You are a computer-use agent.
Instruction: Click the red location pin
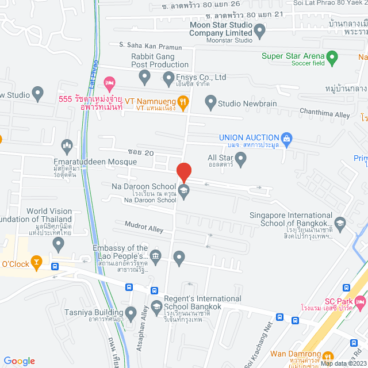coord(183,172)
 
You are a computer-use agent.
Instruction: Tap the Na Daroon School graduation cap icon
coord(183,192)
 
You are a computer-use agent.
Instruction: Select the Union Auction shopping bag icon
coord(287,138)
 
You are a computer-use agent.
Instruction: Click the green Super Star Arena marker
coord(331,56)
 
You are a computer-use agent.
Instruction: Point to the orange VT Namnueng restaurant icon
coord(183,103)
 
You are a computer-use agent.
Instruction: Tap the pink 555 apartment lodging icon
coord(110,83)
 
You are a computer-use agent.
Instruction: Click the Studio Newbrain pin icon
coord(210,103)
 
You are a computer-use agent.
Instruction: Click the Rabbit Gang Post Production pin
coord(144,76)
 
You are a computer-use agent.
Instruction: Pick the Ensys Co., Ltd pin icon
coord(168,77)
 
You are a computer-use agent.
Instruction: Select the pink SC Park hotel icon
coord(360,301)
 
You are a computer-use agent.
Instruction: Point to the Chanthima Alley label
coord(326,115)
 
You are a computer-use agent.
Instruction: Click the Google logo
coord(19,361)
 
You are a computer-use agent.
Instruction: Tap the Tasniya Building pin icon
coord(131,314)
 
